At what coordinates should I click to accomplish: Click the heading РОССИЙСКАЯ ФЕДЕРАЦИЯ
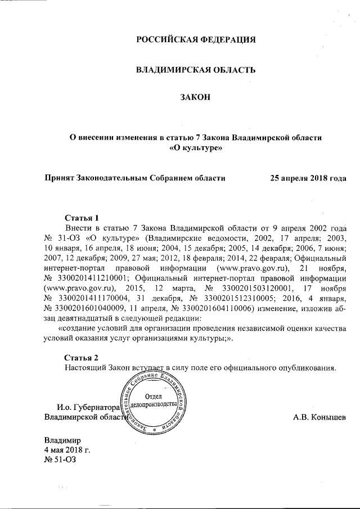click(196, 40)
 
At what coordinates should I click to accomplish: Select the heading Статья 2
click(82, 358)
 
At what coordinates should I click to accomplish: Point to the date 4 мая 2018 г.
click(67, 451)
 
